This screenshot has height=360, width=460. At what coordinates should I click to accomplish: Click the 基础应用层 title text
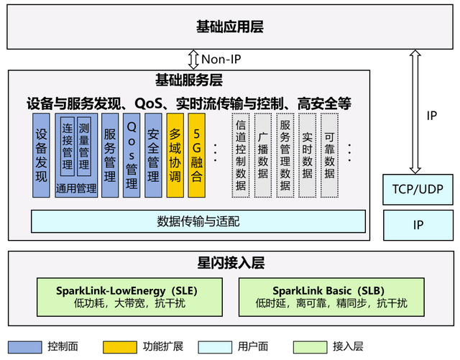229,27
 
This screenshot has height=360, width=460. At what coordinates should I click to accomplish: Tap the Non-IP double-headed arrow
193,59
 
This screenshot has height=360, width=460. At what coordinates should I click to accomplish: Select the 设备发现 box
41,154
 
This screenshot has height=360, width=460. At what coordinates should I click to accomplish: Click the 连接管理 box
67,146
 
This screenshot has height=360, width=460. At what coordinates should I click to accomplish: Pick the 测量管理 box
84,146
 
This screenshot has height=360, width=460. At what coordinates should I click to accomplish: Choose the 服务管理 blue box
110,154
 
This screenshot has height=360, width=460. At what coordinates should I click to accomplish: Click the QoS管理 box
132,154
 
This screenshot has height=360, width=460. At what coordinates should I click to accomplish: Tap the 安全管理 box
153,154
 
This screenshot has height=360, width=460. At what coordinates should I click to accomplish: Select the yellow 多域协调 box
175,154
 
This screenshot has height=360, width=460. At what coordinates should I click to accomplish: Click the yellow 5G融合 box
196,154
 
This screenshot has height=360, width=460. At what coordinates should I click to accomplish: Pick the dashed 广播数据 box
263,154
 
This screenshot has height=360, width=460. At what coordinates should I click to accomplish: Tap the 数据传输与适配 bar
198,221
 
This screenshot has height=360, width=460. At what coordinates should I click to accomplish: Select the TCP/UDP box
418,189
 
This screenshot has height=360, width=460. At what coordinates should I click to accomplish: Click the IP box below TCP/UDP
418,225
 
